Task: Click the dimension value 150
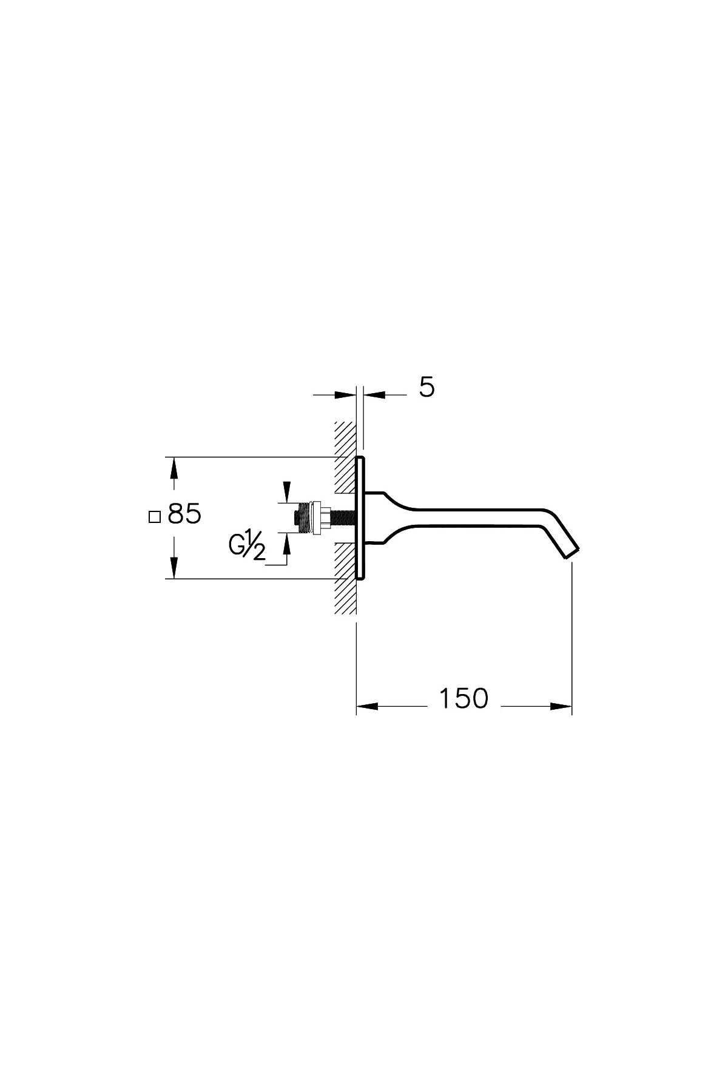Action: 463,698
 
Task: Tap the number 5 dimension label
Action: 427,387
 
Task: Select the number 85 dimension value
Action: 184,515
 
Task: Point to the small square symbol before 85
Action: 154,517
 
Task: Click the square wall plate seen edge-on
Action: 361,517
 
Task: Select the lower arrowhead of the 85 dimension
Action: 174,568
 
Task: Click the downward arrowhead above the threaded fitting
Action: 286,492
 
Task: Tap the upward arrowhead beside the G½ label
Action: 286,544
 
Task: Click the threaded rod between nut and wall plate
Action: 343,517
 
